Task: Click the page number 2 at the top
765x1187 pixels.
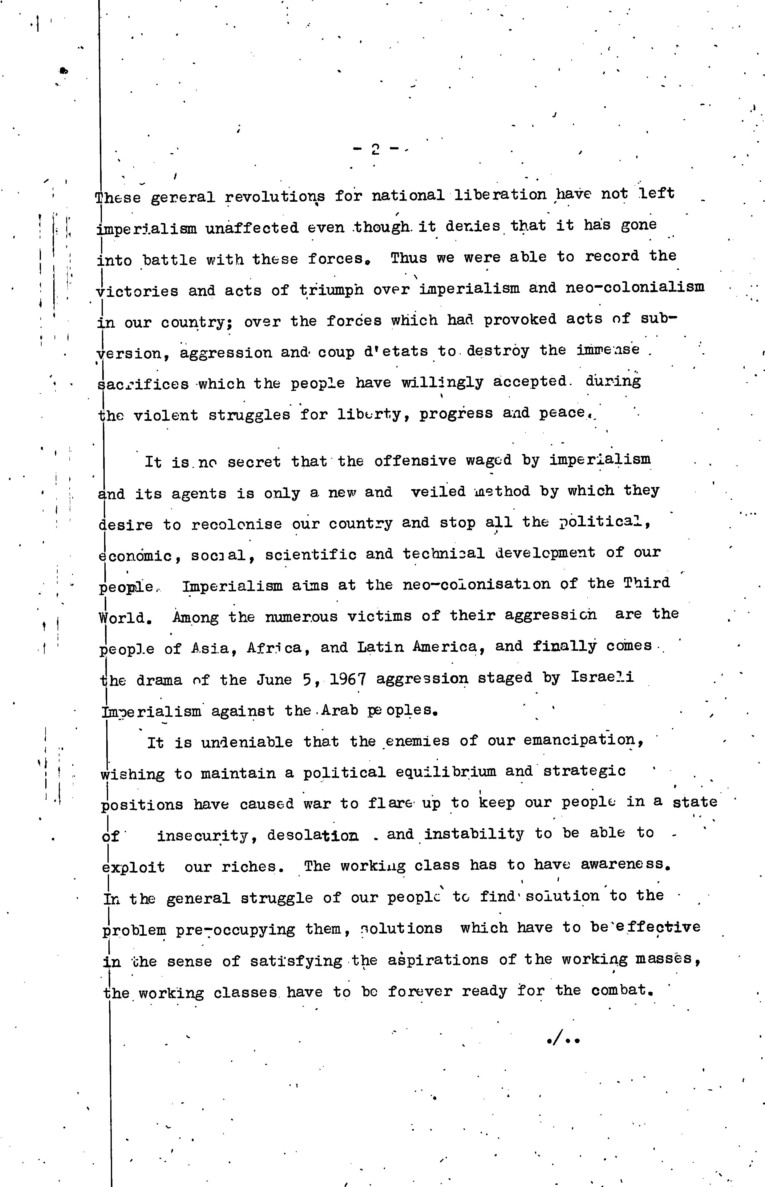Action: [375, 149]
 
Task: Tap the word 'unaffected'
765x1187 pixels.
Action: [252, 228]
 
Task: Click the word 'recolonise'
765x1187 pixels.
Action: [237, 524]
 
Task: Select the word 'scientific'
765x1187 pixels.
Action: [310, 555]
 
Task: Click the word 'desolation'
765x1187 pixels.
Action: [313, 835]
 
